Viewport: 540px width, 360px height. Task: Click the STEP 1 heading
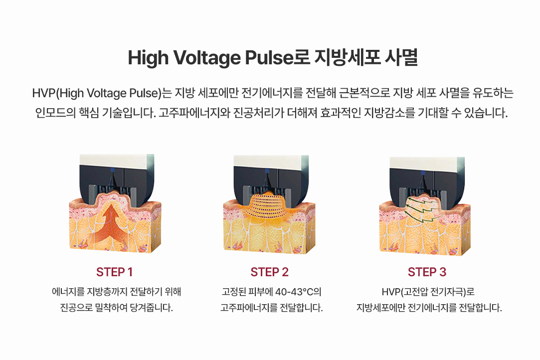114,272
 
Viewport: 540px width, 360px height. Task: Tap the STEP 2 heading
269,272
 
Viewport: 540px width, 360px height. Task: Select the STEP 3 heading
427,272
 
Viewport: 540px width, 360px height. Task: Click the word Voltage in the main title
206,57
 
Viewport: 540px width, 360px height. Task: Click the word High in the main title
148,57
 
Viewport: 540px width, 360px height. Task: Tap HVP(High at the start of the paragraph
58,93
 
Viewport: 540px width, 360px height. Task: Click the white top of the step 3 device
426,163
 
